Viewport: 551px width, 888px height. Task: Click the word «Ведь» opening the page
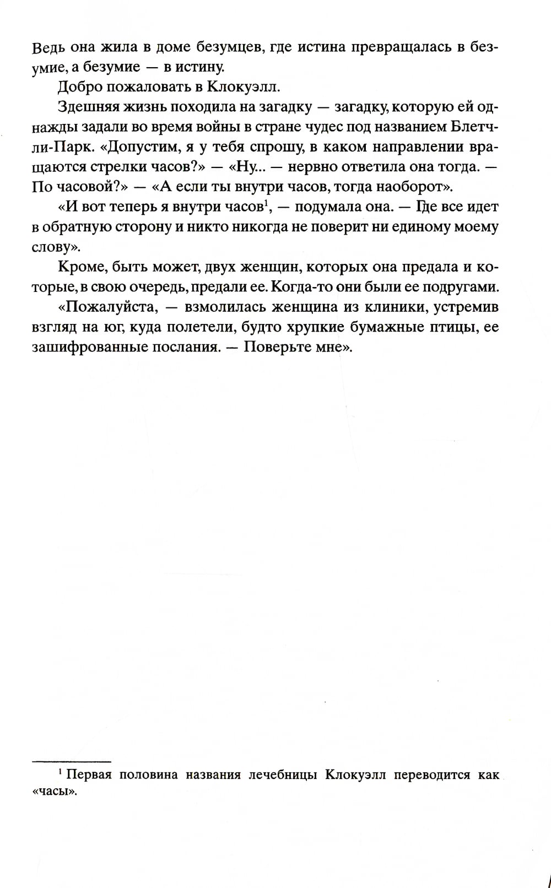point(50,47)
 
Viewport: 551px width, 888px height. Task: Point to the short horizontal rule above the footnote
point(72,762)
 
